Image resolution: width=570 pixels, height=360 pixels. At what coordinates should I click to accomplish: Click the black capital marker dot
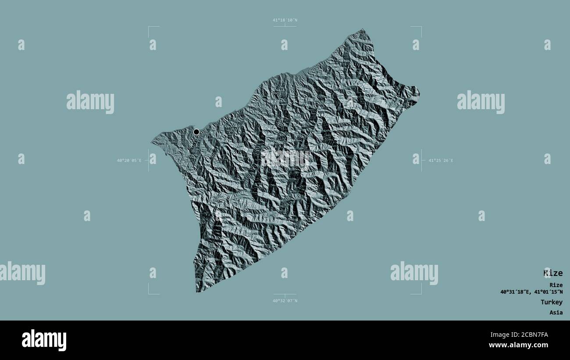click(x=196, y=132)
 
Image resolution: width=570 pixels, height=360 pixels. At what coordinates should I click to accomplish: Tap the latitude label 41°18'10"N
click(x=285, y=20)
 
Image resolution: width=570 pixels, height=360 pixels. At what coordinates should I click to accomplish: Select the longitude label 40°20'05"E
click(x=129, y=160)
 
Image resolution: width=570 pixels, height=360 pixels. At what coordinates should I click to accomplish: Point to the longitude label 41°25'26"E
click(x=441, y=160)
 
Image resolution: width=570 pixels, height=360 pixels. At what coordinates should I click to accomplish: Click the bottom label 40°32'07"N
click(x=285, y=301)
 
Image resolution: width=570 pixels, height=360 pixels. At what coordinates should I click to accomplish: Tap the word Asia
click(x=556, y=313)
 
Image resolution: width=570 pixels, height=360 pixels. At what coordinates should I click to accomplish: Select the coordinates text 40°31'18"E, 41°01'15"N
click(x=531, y=292)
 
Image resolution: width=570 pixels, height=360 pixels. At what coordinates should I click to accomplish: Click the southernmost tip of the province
click(x=197, y=291)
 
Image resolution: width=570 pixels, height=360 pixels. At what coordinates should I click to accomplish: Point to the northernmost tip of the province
click(x=363, y=30)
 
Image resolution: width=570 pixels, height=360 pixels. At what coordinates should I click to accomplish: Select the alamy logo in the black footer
click(x=44, y=340)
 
